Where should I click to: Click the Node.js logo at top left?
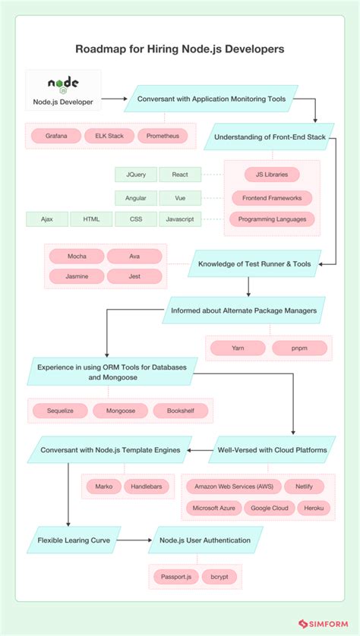click(63, 84)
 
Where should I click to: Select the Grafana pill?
click(56, 136)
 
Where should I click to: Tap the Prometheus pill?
click(163, 136)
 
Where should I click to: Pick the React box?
click(180, 175)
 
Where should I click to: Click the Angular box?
click(136, 197)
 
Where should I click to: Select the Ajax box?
click(47, 219)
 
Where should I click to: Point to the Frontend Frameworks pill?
click(272, 197)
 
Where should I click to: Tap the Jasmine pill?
click(76, 275)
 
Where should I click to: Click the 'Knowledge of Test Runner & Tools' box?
click(254, 264)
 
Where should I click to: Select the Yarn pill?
click(238, 348)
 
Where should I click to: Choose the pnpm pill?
click(298, 348)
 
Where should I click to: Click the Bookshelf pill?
click(180, 411)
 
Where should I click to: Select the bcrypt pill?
click(224, 577)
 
